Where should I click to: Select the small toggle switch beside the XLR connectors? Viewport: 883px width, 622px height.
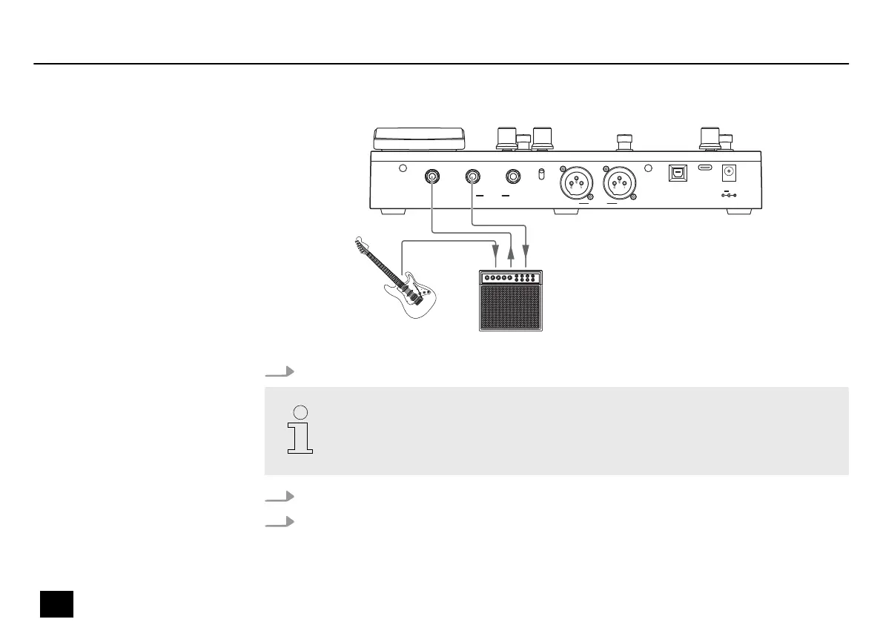point(541,174)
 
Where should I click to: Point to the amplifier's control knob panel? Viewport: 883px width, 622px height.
point(510,278)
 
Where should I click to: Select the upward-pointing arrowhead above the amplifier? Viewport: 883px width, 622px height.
point(510,254)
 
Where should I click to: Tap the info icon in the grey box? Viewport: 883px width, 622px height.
point(300,430)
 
